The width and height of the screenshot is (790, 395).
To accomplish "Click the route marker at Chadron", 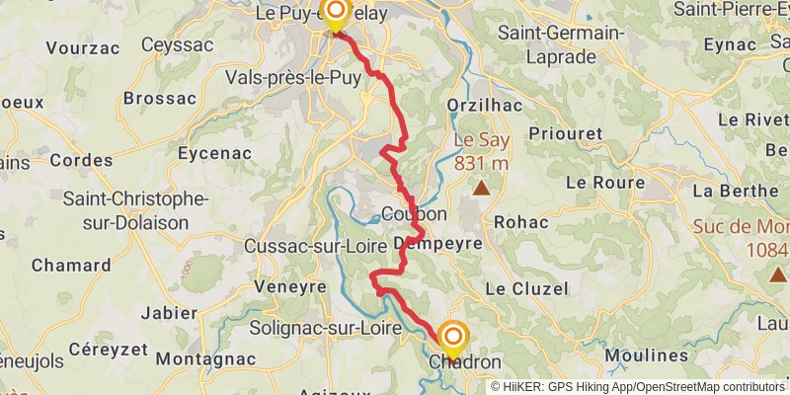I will point(453,338).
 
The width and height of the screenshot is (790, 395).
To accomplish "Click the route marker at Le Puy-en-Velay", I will point(336,15).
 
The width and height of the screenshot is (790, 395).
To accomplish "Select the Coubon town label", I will point(415,214).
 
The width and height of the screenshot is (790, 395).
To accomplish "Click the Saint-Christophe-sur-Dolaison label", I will point(136,210).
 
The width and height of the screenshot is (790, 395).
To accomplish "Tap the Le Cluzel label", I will point(527,288).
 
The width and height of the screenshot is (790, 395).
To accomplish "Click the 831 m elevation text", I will point(481,163).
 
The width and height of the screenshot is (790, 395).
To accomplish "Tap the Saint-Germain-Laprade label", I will point(561,44).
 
